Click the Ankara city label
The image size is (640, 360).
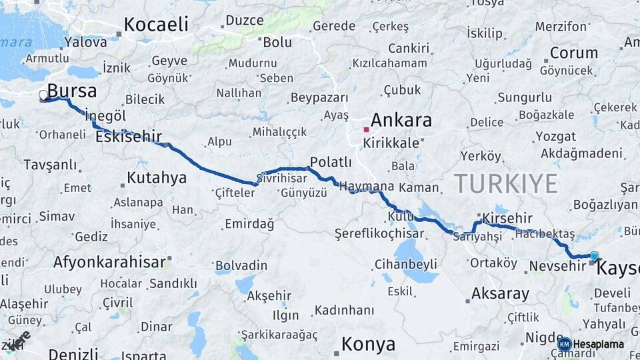(x=401, y=121)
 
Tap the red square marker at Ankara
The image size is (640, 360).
(x=366, y=129)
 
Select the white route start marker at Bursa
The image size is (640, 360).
(x=44, y=95)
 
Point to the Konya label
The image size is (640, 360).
(x=368, y=344)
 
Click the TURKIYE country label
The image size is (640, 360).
(x=505, y=183)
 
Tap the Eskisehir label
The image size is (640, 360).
(x=128, y=137)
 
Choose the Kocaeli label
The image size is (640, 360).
(x=156, y=25)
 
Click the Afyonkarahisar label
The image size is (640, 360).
(x=109, y=262)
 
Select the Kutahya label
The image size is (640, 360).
(x=156, y=177)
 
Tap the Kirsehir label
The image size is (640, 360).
(x=507, y=218)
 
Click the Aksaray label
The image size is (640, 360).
(x=500, y=293)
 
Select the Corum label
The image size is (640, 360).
(x=573, y=53)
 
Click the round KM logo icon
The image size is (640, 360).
(x=564, y=344)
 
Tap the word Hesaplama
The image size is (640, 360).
(x=598, y=344)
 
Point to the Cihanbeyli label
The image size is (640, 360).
(x=406, y=263)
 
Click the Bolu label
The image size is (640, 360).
(x=277, y=42)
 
